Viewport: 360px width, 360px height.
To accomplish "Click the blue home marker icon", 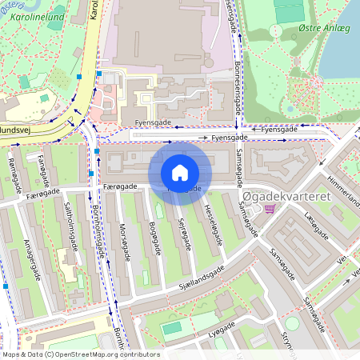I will pyautogui.click(x=180, y=172).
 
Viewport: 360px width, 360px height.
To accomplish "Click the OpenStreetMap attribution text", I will pyautogui.click(x=80, y=354).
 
